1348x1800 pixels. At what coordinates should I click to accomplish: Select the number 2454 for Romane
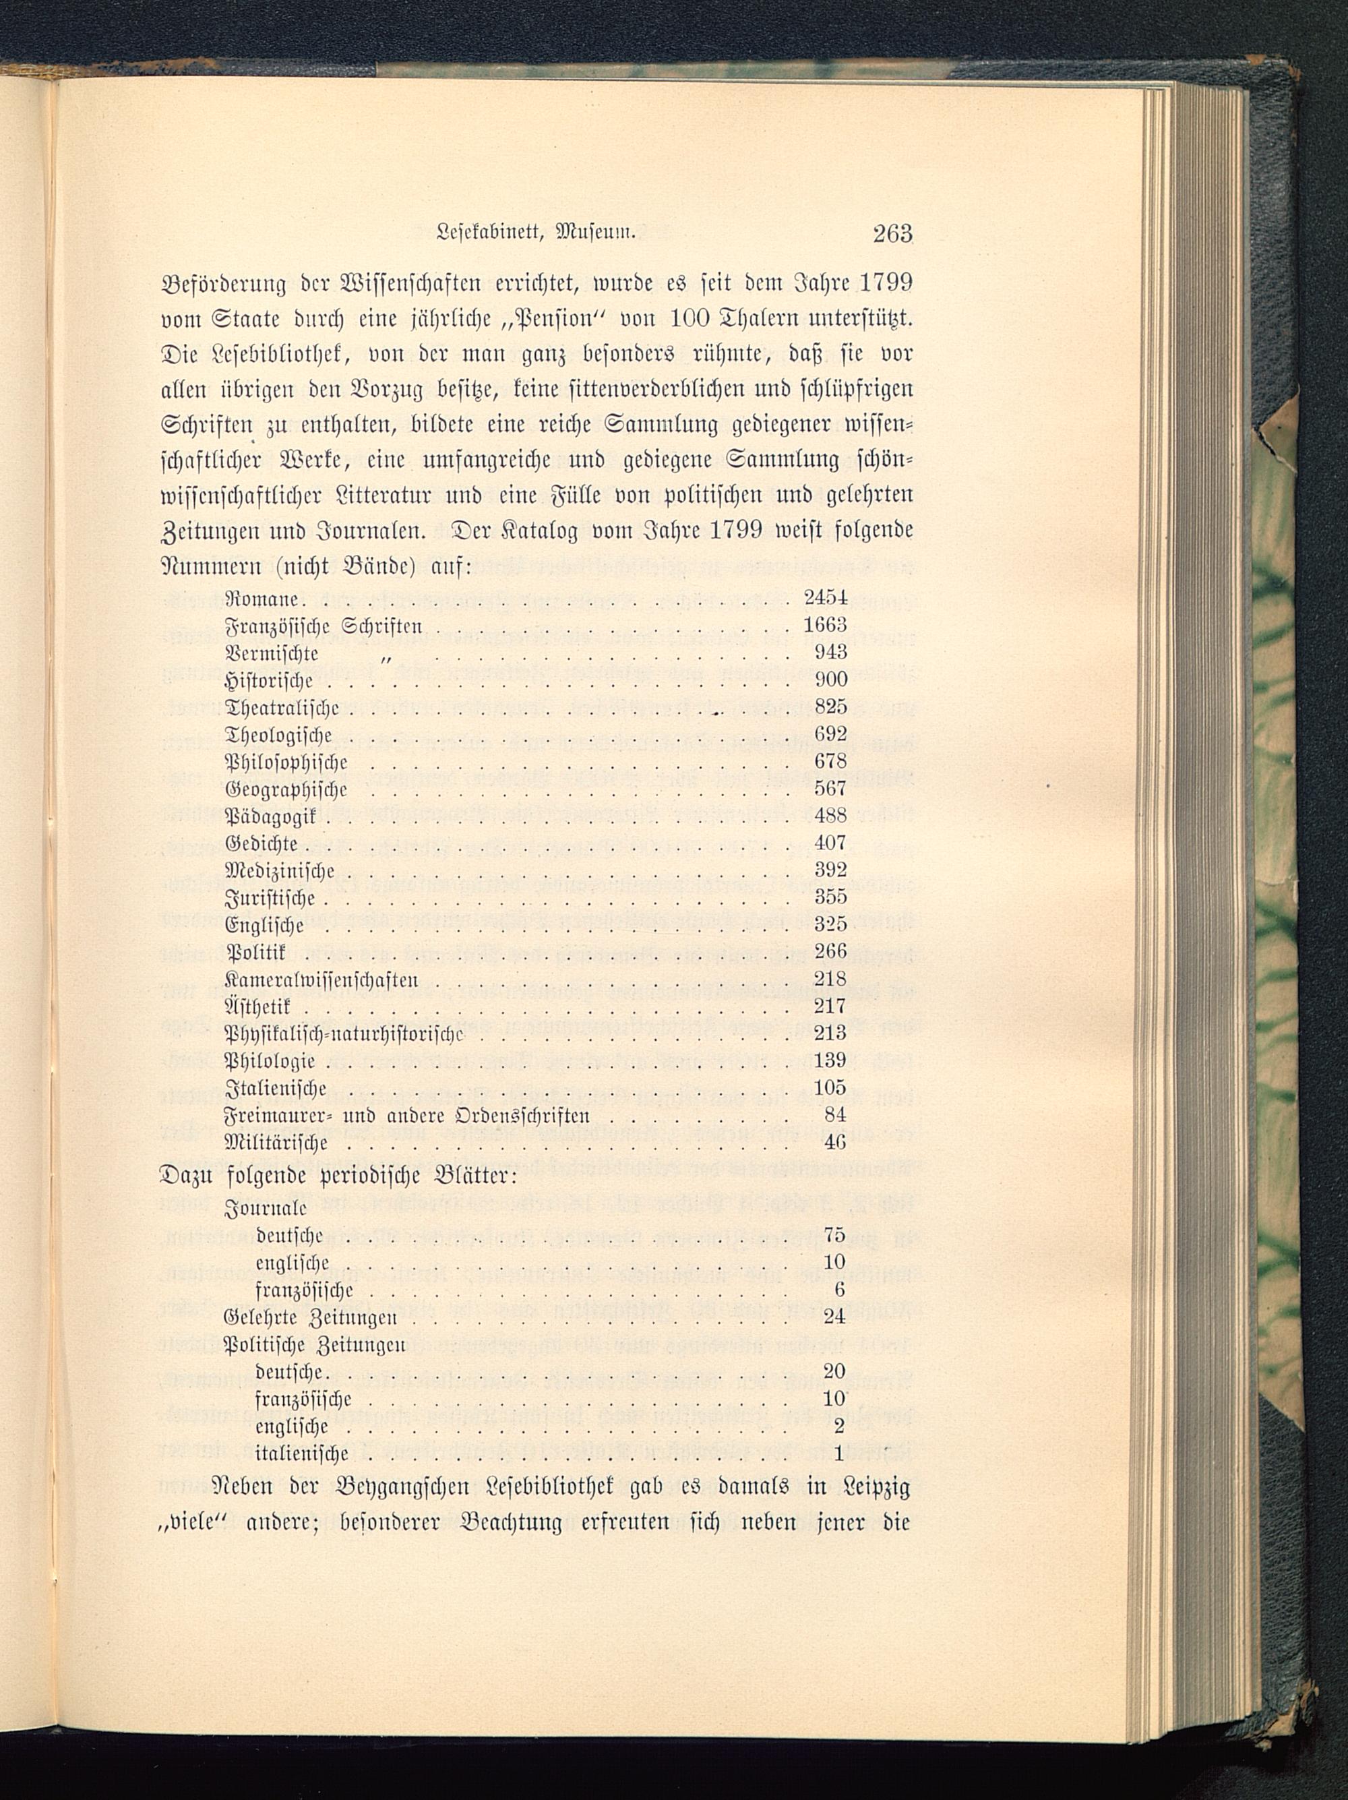(x=825, y=597)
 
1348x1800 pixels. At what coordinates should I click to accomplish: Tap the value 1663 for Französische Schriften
(x=825, y=625)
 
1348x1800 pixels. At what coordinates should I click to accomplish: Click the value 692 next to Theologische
(x=830, y=734)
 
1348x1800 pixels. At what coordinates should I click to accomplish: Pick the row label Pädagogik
(x=275, y=816)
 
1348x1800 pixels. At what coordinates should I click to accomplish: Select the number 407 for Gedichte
(x=830, y=843)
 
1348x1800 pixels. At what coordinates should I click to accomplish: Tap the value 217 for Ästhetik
(x=830, y=1007)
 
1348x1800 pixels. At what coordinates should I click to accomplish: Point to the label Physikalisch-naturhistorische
(x=344, y=1033)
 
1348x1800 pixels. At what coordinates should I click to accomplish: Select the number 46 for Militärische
(x=836, y=1143)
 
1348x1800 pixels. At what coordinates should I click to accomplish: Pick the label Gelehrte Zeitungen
(x=310, y=1317)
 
